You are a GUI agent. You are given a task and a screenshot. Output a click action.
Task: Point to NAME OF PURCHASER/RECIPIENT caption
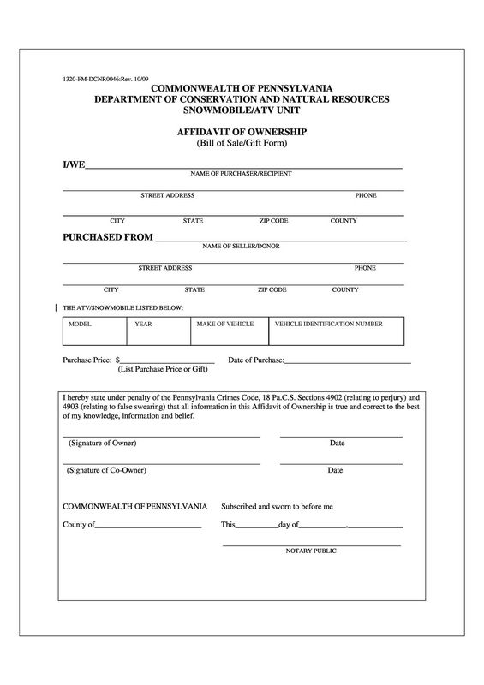[x=241, y=174]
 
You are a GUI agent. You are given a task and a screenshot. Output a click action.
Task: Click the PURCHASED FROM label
[x=108, y=236]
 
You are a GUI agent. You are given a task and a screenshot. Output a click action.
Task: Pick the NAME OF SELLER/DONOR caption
[x=241, y=247]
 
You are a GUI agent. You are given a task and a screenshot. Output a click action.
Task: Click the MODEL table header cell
[x=81, y=325]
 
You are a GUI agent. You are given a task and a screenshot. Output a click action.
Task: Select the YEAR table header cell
[x=143, y=325]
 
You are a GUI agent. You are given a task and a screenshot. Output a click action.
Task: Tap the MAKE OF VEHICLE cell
[x=224, y=325]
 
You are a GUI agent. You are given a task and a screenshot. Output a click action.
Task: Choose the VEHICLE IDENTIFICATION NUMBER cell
[x=328, y=325]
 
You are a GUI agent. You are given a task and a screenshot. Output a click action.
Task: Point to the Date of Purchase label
[x=255, y=360]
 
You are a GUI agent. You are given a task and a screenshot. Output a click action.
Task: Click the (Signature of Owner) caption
[x=102, y=443]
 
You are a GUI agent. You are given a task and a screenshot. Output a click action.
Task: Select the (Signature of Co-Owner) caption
[x=106, y=470]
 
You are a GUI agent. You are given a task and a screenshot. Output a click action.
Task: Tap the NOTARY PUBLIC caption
[x=311, y=551]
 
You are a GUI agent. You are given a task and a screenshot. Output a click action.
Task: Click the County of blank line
[x=148, y=524]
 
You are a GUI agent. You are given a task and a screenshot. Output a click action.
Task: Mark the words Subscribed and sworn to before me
[x=277, y=506]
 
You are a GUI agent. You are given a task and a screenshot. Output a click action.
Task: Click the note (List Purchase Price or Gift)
[x=163, y=369]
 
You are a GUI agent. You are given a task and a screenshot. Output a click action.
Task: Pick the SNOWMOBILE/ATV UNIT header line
[x=242, y=110]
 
